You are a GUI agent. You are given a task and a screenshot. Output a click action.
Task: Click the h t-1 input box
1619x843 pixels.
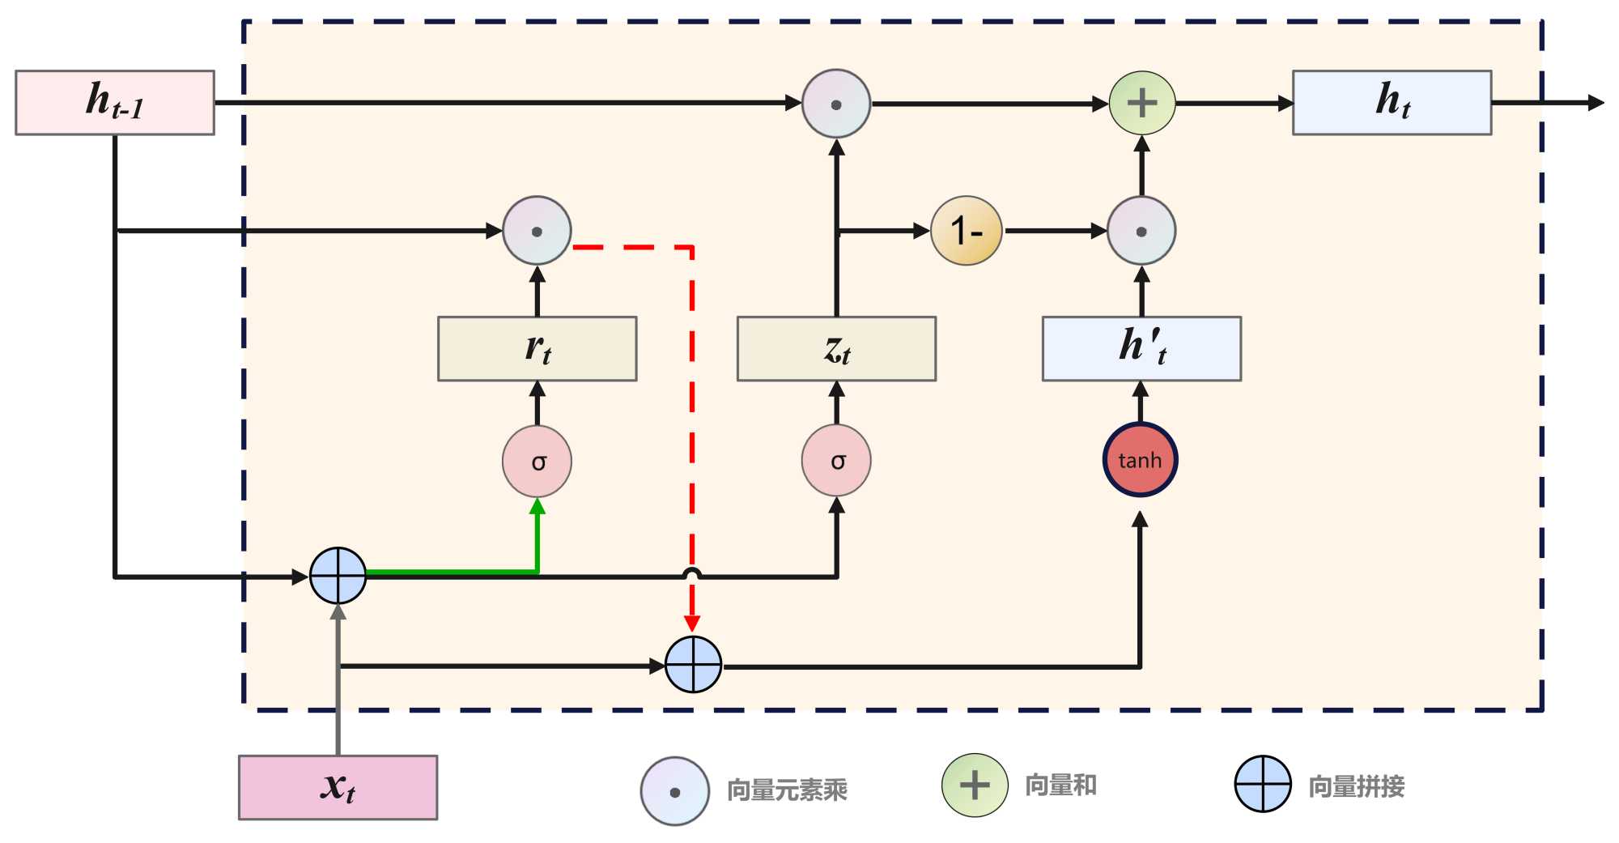[115, 102]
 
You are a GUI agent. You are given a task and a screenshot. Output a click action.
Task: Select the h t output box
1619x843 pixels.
[1392, 102]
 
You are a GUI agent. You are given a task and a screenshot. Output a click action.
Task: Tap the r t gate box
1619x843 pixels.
[537, 348]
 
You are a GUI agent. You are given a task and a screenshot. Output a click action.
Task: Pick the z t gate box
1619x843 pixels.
[836, 348]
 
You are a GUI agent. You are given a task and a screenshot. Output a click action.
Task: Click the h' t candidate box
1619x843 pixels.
[1141, 348]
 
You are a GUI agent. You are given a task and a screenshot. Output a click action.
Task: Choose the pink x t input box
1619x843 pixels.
[338, 787]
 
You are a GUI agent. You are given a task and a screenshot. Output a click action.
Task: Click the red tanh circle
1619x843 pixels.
[1140, 460]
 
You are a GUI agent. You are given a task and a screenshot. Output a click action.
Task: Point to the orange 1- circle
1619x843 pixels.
[966, 231]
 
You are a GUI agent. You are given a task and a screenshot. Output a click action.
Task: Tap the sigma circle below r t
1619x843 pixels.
[537, 461]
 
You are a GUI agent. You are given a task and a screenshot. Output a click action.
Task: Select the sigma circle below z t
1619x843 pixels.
[836, 460]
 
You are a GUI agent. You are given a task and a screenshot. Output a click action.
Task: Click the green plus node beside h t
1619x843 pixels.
[1141, 103]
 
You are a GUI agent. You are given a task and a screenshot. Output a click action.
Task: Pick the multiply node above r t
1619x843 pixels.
[537, 231]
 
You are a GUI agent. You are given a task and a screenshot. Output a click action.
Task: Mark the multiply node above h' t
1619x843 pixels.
[1141, 231]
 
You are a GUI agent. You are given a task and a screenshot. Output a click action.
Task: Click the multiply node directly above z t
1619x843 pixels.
[836, 104]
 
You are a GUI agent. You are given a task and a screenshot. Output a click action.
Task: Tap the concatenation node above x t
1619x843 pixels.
[338, 576]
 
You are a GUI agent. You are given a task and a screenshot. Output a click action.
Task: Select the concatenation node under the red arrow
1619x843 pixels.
[693, 665]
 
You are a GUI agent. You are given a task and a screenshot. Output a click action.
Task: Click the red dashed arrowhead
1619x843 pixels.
[692, 623]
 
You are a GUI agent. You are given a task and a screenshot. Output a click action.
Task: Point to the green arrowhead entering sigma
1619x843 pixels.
[537, 507]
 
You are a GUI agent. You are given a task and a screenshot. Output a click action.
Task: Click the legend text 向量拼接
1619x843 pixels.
[1356, 786]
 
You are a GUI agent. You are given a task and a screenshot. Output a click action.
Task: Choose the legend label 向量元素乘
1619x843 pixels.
[787, 790]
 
